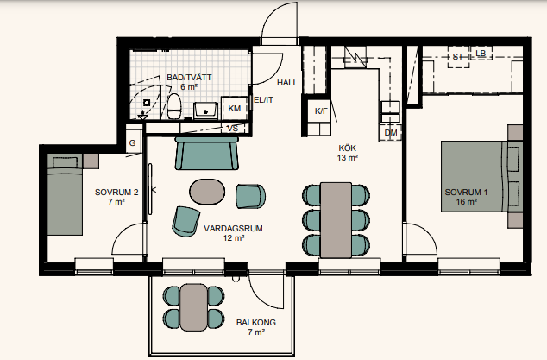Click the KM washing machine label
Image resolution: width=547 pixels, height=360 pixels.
click(x=235, y=109)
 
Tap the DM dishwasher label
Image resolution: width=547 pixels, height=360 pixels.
click(x=391, y=133)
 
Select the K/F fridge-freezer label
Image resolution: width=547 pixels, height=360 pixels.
click(x=321, y=111)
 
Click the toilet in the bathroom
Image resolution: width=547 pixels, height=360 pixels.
click(x=174, y=106)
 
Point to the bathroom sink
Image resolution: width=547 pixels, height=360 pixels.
click(x=205, y=111)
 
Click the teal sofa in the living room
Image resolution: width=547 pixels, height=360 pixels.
click(x=206, y=154)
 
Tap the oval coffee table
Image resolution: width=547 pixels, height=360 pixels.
click(x=207, y=192)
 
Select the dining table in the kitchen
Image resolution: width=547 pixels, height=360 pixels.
click(x=336, y=220)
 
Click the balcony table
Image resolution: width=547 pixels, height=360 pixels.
click(x=194, y=307)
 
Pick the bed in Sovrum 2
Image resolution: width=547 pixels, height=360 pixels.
click(x=65, y=194)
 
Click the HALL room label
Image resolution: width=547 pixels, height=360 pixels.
click(x=287, y=83)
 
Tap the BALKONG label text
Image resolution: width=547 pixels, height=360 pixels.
click(x=256, y=322)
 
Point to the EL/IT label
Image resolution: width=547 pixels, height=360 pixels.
click(x=263, y=100)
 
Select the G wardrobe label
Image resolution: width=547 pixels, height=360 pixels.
click(x=132, y=143)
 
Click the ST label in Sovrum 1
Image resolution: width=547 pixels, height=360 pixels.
click(x=457, y=57)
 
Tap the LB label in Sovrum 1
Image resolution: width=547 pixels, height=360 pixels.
click(x=481, y=54)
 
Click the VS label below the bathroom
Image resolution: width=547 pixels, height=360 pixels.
click(x=233, y=129)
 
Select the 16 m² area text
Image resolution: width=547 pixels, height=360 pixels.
click(x=467, y=202)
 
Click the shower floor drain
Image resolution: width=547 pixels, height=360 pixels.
click(x=147, y=103)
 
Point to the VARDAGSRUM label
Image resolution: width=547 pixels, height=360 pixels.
click(x=234, y=229)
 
